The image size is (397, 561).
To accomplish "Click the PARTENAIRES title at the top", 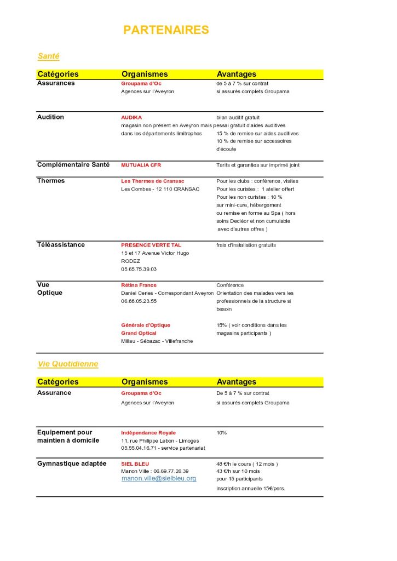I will click(x=166, y=30).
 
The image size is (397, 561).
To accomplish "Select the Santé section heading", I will click(x=48, y=56).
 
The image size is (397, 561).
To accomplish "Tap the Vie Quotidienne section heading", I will click(x=67, y=364).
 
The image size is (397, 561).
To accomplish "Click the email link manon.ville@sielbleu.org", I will click(x=158, y=478).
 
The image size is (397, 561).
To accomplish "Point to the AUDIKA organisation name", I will click(x=131, y=117).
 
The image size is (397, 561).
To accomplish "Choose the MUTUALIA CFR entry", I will click(x=141, y=165).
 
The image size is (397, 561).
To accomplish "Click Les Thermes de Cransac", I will click(x=152, y=181).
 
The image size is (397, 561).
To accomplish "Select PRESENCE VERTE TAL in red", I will click(x=151, y=245).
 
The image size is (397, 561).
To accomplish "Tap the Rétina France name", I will click(x=139, y=285).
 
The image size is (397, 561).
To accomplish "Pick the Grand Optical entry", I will click(x=139, y=333).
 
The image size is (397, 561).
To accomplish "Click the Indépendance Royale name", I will click(x=148, y=433).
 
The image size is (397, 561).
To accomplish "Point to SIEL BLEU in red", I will click(x=135, y=463).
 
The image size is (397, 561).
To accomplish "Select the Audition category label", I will click(x=50, y=117).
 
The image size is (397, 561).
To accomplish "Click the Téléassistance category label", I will click(x=61, y=244).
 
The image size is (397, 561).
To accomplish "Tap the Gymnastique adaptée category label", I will click(x=72, y=463).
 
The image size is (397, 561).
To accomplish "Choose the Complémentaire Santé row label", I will click(x=73, y=164).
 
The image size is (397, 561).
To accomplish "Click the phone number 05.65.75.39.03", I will click(x=139, y=269).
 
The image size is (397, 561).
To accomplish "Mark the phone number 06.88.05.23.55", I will click(x=139, y=301).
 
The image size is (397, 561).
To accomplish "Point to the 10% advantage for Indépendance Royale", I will click(x=221, y=433).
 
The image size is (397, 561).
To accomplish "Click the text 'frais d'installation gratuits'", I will click(x=246, y=245).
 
